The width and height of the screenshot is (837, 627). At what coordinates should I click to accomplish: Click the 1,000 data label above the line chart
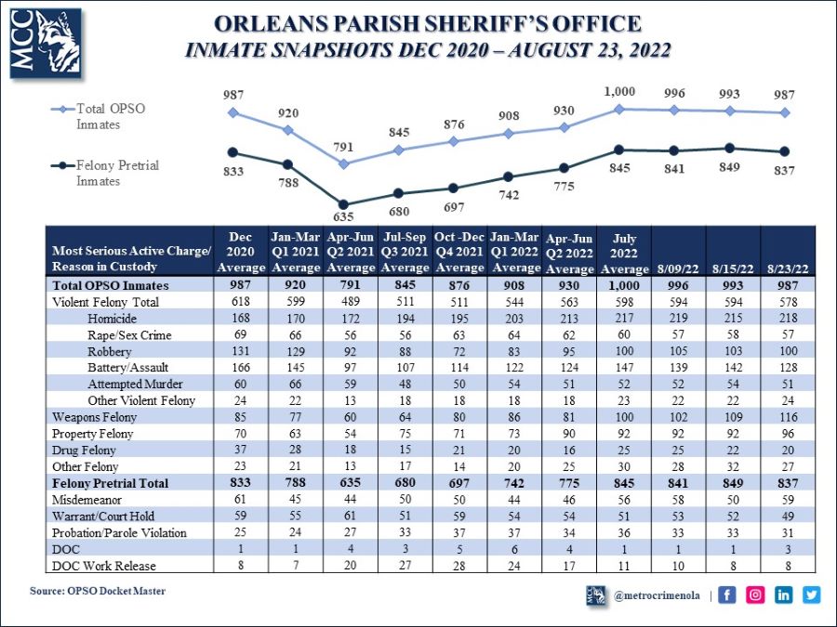pyautogui.click(x=620, y=93)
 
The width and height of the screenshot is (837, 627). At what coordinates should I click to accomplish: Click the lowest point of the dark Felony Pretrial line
pyautogui.click(x=344, y=204)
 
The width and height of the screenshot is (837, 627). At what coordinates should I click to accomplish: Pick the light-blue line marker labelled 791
pyautogui.click(x=344, y=163)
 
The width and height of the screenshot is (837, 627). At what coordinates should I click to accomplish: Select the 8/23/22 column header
pyautogui.click(x=787, y=268)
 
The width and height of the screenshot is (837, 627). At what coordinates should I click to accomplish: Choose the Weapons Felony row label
pyautogui.click(x=94, y=417)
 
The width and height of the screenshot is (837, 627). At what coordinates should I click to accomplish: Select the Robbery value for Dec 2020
pyautogui.click(x=233, y=350)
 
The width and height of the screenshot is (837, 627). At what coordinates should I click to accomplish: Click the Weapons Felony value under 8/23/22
pyautogui.click(x=787, y=417)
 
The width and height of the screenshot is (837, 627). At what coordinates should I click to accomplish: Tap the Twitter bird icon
pyautogui.click(x=811, y=595)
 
